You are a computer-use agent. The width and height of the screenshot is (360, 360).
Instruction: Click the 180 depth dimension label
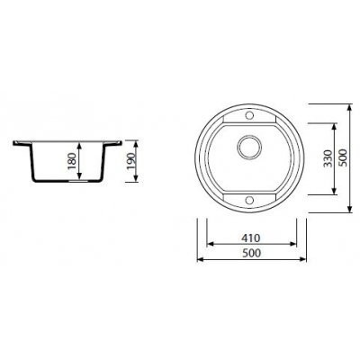tap(72, 161)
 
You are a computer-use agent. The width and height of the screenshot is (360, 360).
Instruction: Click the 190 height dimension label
tap(131, 161)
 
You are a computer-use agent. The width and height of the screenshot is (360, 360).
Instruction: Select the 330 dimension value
tap(328, 158)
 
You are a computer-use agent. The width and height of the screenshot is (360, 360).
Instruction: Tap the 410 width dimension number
tap(251, 238)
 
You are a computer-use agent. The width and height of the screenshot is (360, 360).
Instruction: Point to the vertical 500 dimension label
tap(342, 157)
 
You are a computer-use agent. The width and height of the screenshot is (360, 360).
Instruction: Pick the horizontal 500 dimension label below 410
tap(251, 253)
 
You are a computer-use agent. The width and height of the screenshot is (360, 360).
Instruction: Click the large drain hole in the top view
tap(249, 147)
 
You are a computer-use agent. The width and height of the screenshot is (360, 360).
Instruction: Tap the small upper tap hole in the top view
tap(249, 115)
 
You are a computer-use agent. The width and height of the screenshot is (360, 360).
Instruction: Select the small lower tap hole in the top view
tap(249, 201)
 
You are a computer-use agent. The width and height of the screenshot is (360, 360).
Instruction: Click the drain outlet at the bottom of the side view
tap(78, 181)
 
